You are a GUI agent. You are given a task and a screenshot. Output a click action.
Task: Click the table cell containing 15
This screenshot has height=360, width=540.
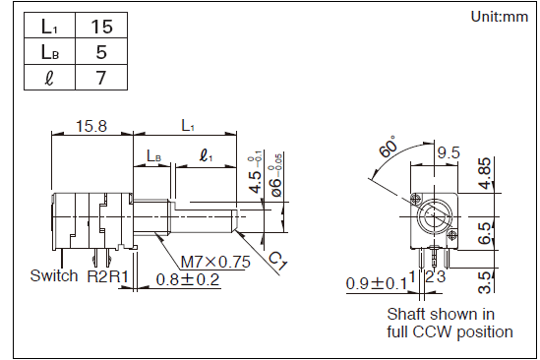pos(101,27)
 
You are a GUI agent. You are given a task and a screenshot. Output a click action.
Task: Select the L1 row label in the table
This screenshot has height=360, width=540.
pos(49,27)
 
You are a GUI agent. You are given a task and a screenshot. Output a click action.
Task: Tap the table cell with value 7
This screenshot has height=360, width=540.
pos(101,78)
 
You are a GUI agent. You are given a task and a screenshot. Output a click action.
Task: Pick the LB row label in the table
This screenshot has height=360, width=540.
pos(49,52)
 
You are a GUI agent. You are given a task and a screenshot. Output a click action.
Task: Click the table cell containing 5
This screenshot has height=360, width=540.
pos(101,52)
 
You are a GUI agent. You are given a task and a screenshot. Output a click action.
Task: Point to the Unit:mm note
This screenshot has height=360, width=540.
pos(499,17)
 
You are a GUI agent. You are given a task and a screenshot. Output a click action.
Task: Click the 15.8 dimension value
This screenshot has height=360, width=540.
pos(91,126)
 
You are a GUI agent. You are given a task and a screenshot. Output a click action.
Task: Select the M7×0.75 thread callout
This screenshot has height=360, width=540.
pos(215,263)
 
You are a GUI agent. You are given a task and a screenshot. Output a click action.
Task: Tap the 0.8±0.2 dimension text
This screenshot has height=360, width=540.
pos(188,279)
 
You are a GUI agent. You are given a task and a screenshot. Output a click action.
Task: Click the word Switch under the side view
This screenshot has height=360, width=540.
pos(54,275)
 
